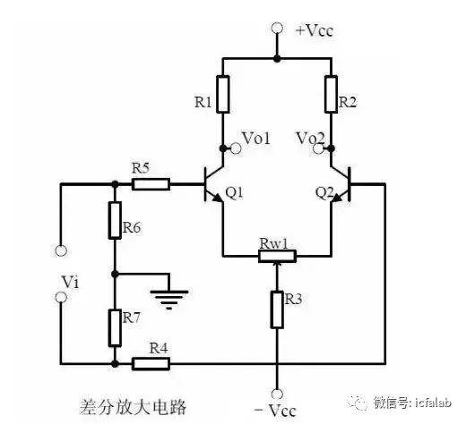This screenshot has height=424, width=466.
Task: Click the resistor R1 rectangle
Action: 223,94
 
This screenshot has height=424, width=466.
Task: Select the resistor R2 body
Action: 332,94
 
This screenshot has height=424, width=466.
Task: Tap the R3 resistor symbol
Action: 277,310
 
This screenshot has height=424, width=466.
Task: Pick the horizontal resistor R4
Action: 151,363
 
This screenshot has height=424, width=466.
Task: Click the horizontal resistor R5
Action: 151,184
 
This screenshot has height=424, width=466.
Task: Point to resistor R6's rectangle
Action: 115,220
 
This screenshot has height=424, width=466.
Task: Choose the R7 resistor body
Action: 115,328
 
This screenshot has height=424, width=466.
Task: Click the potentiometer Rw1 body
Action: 277,256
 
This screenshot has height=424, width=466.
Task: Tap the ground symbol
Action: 169,299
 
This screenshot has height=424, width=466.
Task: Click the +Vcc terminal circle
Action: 277,28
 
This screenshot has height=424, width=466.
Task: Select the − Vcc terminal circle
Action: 277,394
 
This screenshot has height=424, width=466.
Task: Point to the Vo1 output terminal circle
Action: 236,148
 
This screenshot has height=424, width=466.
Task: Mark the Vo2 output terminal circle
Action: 318,148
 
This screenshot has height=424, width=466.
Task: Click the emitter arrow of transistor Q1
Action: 218,198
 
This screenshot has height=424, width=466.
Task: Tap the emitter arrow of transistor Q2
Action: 336,198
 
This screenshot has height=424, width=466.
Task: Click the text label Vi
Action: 70,282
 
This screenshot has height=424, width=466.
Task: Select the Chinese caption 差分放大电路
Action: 133,407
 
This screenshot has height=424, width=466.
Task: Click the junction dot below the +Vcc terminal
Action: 277,58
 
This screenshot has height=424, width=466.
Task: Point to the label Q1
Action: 235,193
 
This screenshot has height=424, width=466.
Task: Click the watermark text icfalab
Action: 433,403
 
